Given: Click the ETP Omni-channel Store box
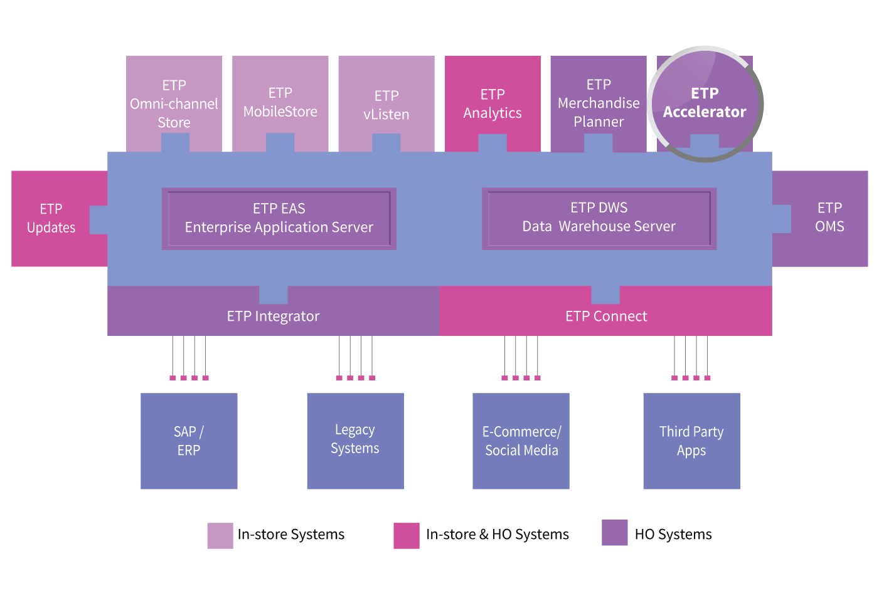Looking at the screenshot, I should [x=174, y=103].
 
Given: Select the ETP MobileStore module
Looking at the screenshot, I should [x=280, y=102].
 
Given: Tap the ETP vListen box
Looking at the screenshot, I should [x=386, y=104].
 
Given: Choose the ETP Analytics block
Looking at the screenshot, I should [x=493, y=103].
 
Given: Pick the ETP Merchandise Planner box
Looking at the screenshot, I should [x=599, y=103].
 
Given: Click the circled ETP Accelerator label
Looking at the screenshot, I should [x=705, y=103].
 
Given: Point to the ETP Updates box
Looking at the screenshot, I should [x=51, y=218].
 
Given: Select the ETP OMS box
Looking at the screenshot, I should [x=829, y=217].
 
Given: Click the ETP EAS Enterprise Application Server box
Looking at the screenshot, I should [x=279, y=218].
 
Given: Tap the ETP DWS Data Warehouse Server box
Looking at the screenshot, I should [x=599, y=217].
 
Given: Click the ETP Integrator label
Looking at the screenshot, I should [x=273, y=316].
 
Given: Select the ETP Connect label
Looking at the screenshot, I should [x=606, y=316].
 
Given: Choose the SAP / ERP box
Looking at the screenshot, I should [x=189, y=441].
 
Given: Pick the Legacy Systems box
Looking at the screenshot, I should [x=355, y=440].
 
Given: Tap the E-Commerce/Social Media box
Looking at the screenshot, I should [x=521, y=441].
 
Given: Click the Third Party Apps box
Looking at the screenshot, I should [x=691, y=441].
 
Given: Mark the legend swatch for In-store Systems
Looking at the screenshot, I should [x=220, y=536].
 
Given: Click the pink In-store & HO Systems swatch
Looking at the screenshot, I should [x=407, y=536].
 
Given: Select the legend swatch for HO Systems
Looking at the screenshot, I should [x=615, y=533].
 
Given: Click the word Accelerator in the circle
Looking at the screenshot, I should [x=705, y=112].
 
